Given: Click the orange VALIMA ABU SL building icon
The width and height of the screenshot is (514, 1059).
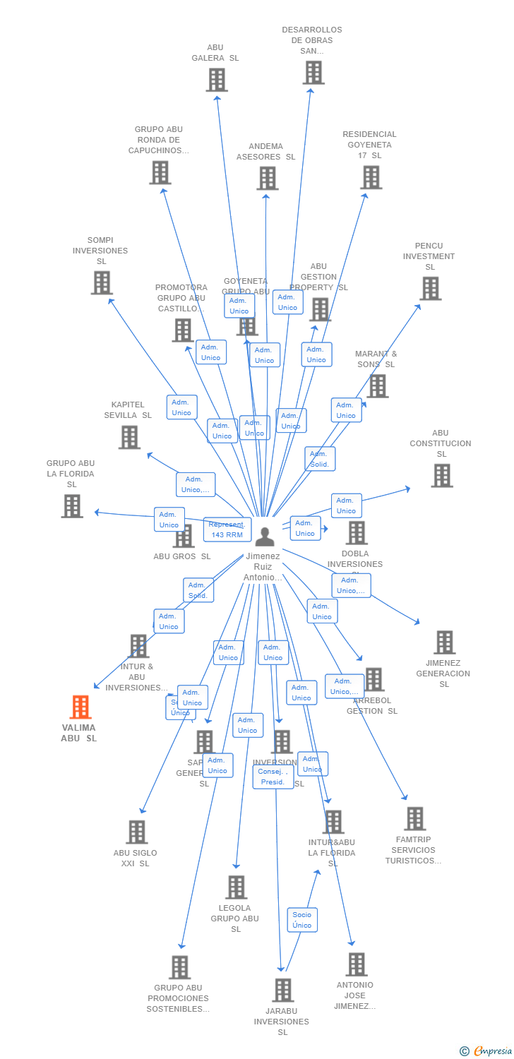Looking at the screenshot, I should pyautogui.click(x=80, y=707).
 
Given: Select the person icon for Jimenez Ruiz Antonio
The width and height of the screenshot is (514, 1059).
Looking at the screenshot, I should pyautogui.click(x=265, y=537).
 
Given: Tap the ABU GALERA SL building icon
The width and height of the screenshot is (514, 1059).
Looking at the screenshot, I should pyautogui.click(x=217, y=80).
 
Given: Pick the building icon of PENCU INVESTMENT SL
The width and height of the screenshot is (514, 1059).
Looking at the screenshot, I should pyautogui.click(x=430, y=288).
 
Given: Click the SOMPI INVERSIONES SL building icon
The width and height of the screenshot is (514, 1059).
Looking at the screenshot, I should pyautogui.click(x=102, y=282).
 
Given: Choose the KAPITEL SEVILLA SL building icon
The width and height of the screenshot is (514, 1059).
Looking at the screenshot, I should pyautogui.click(x=129, y=437).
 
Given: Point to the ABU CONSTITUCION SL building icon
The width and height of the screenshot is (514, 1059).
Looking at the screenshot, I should pyautogui.click(x=442, y=475).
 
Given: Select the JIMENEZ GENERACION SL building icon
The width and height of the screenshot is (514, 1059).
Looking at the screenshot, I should pyautogui.click(x=444, y=642).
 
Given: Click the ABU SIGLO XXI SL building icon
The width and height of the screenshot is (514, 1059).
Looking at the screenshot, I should pyautogui.click(x=136, y=832).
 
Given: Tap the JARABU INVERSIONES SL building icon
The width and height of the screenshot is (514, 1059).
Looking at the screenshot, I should pyautogui.click(x=282, y=990).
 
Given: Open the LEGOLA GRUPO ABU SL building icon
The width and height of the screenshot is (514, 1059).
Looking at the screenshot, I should pyautogui.click(x=236, y=887).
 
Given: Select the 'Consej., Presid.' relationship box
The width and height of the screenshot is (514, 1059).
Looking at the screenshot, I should pyautogui.click(x=273, y=777).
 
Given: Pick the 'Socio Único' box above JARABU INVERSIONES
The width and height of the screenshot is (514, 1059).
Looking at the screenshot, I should pyautogui.click(x=302, y=920).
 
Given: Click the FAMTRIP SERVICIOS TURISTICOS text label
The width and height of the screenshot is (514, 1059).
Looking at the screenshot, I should pyautogui.click(x=413, y=850).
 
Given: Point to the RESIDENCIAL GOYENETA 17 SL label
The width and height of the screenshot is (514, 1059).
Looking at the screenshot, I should pyautogui.click(x=369, y=145).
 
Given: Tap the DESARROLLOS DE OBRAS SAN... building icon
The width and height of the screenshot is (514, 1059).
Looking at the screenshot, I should pyautogui.click(x=313, y=72).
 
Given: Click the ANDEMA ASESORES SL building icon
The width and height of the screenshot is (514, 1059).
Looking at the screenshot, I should pyautogui.click(x=267, y=178).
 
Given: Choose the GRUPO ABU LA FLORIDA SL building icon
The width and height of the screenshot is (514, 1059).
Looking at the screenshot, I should pyautogui.click(x=72, y=505).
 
